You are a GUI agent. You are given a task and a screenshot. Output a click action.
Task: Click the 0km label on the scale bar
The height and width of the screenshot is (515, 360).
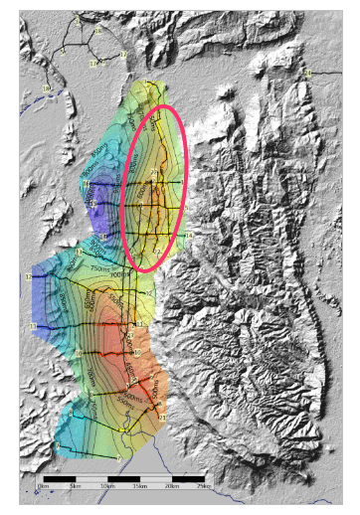(42, 484)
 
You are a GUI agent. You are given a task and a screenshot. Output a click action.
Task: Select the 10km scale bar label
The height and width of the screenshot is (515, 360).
(106, 484)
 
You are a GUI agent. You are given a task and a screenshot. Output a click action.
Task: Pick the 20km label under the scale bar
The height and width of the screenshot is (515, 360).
(171, 484)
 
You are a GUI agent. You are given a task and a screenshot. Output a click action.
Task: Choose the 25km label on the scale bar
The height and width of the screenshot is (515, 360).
(203, 484)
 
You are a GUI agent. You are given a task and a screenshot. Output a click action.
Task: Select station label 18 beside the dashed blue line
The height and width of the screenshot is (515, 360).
(45, 89)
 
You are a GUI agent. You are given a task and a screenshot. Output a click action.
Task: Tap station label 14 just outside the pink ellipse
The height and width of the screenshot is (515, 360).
(188, 236)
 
